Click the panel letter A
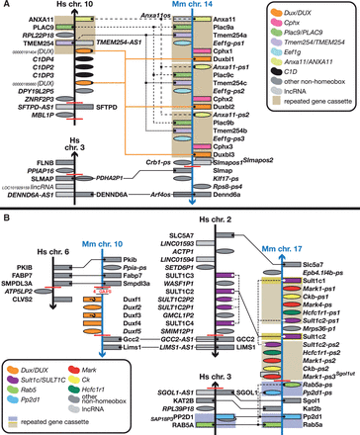[x=6, y=6]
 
